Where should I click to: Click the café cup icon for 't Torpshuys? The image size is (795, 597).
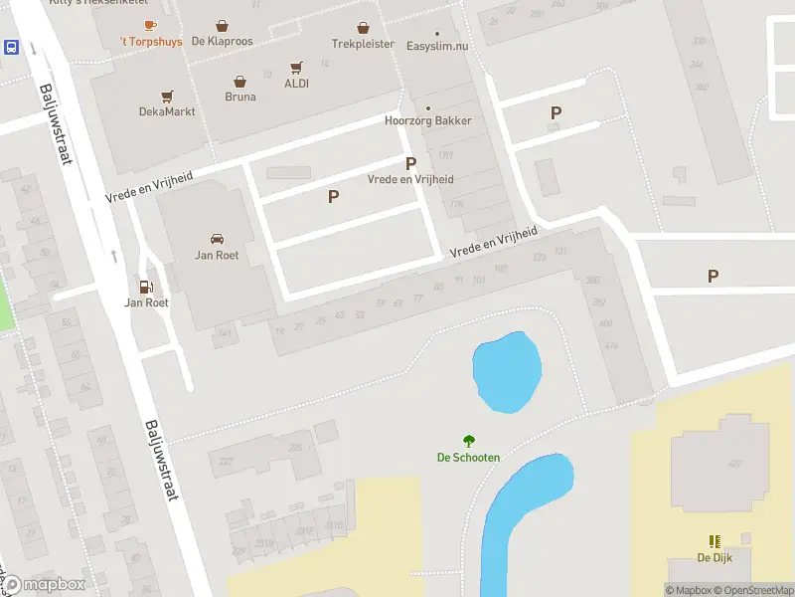coord(150,25)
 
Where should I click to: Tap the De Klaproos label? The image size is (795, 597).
coord(222,42)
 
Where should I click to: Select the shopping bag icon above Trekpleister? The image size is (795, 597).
coord(364,27)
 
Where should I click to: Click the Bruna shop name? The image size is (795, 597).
coord(240,97)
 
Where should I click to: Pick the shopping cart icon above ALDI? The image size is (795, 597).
coord(296,68)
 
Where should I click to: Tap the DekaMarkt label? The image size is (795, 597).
coord(167,111)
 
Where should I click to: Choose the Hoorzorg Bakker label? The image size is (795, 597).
coord(428,121)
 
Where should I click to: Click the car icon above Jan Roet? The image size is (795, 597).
coord(216,239)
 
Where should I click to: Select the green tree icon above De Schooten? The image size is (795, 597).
coord(468,441)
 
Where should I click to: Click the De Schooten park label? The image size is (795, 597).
coord(468,458)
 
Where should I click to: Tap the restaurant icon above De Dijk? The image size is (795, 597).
coord(713,540)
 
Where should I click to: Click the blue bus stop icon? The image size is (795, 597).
coord(11,47)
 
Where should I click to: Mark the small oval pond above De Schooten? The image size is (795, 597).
coord(507,372)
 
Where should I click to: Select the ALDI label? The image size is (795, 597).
coord(296,84)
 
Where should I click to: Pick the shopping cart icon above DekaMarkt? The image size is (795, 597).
coord(167,96)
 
